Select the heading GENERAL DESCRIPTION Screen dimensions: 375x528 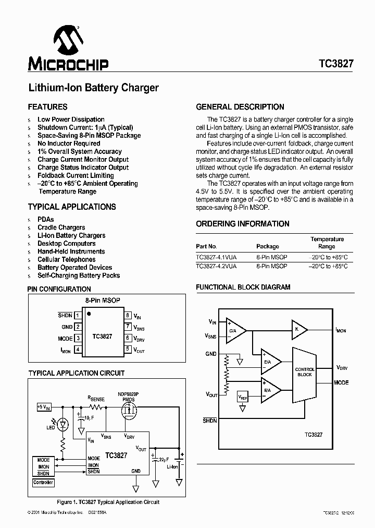[240, 107]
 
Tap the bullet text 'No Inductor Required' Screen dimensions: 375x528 [69, 143]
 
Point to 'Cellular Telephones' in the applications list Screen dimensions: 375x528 [66, 259]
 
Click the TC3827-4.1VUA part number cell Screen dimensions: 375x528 [216, 257]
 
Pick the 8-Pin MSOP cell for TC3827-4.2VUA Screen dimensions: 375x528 [271, 266]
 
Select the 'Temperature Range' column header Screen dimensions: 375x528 [327, 243]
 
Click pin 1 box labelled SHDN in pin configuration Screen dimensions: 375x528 [78, 315]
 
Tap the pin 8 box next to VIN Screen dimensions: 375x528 [128, 315]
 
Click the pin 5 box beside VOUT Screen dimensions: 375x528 [128, 350]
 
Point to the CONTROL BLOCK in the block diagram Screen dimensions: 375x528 [305, 372]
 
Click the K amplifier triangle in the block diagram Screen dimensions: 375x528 [299, 329]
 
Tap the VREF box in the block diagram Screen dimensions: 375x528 [243, 397]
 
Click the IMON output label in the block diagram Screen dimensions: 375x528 [340, 330]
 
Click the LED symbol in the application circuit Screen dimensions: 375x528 [64, 424]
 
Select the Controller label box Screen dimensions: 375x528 [43, 483]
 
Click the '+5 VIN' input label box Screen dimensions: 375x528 [44, 406]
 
